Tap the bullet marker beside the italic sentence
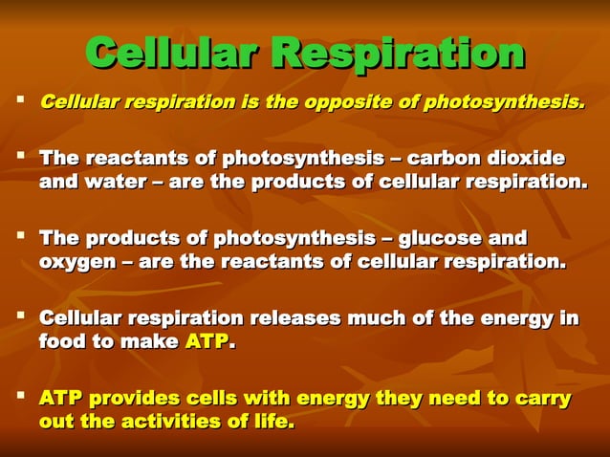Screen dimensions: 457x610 coord(19,99)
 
